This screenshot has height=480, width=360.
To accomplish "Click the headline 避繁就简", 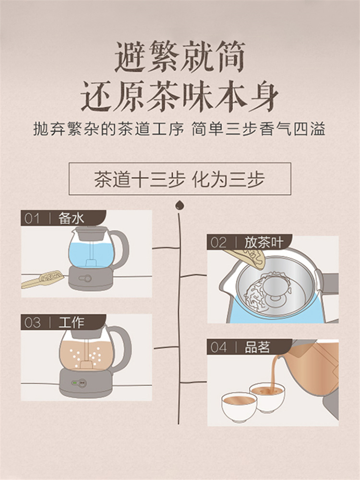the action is (x=180, y=57).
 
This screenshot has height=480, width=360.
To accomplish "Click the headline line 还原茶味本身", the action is (x=180, y=96).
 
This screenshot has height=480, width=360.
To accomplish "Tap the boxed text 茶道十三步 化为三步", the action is (x=180, y=179).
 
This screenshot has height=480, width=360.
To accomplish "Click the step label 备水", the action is (x=71, y=218).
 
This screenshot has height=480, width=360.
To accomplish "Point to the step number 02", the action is (x=218, y=243).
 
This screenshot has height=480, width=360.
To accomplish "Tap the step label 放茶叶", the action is (x=264, y=243).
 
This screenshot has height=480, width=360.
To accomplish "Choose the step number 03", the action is (x=32, y=323).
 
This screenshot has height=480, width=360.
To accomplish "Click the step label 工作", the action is (x=71, y=323).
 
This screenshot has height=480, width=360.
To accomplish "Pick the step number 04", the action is (x=218, y=348).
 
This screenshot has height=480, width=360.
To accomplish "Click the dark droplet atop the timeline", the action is (x=180, y=205).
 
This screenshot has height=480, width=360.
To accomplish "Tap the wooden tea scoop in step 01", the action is (x=43, y=279).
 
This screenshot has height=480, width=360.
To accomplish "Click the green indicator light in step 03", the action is (x=74, y=383).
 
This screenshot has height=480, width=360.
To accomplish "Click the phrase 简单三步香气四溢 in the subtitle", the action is (x=258, y=129).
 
